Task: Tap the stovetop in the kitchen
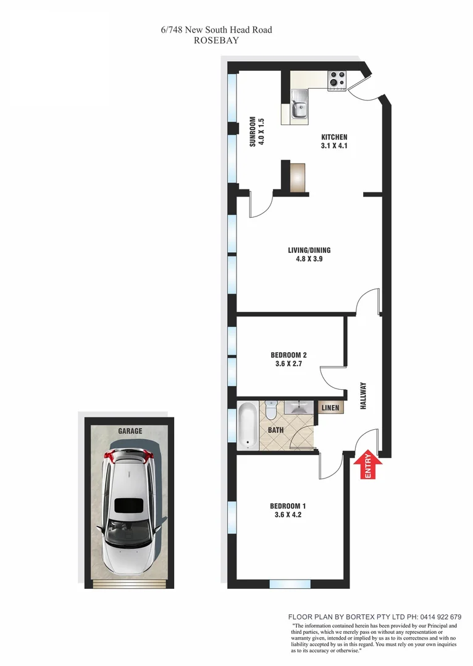[x=337, y=80]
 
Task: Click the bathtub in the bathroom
[x=247, y=424]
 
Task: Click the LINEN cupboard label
[x=329, y=407]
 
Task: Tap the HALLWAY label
[x=363, y=397]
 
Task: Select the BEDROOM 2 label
[x=288, y=355]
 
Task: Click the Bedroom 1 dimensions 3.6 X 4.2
[x=288, y=514]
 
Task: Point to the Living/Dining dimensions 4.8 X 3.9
[x=309, y=260]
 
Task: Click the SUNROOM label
[x=252, y=131]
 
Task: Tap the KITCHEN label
[x=334, y=138]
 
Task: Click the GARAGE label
[x=130, y=431]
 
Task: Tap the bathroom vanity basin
[x=299, y=408]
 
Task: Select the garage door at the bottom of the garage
[x=130, y=583]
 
